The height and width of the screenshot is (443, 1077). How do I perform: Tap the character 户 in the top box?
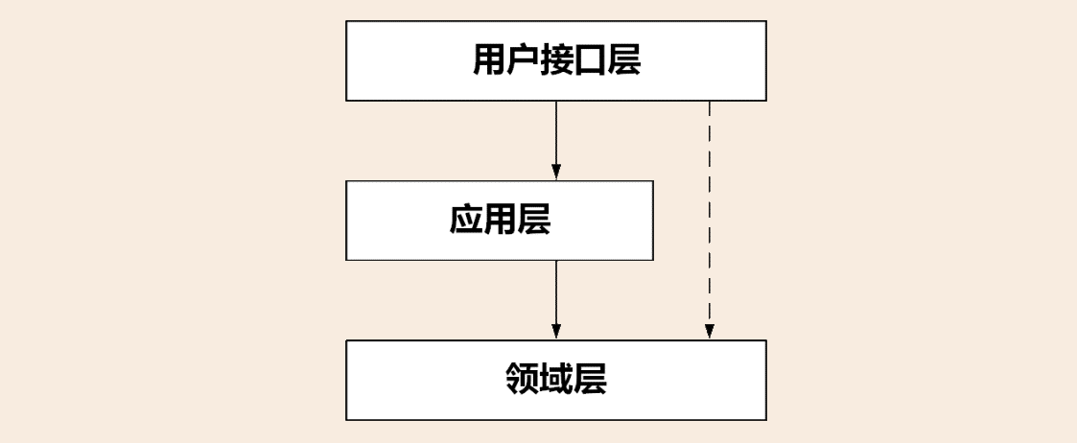pos(523,59)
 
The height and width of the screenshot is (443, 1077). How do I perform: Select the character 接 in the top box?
pos(557,59)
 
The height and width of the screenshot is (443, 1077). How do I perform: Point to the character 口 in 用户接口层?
pos(591,59)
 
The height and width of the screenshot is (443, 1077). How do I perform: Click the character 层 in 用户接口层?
pos(624,59)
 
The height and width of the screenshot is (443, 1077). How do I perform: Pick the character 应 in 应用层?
pos(465,220)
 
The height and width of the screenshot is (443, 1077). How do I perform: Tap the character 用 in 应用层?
pos(500,220)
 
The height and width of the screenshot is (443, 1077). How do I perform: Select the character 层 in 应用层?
pos(534,220)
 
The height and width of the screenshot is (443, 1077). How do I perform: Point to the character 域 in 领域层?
pos(556,380)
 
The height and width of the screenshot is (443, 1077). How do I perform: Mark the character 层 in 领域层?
pos(591,380)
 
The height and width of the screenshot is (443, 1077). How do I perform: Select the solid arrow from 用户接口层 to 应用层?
pos(556,134)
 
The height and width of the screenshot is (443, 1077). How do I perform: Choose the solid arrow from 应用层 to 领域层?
pos(556,292)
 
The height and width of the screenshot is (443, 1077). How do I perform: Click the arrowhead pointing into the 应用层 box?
pos(556,172)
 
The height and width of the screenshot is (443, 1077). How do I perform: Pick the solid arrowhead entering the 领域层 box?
pos(556,332)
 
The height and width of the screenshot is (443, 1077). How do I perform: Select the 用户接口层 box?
pos(403,59)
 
